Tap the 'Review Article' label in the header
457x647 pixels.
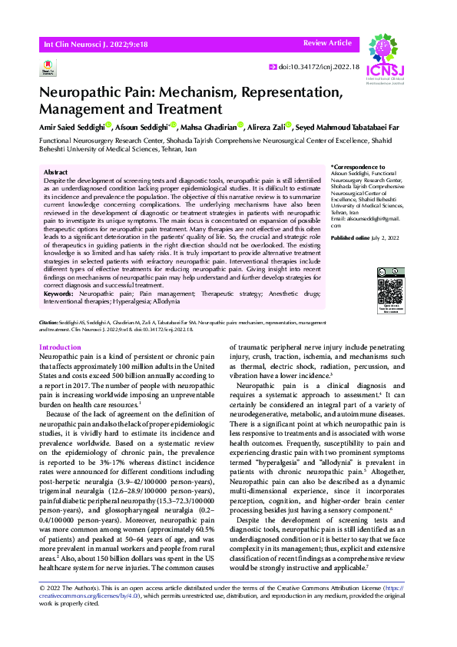coord(327,44)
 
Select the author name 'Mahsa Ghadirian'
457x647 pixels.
coord(210,128)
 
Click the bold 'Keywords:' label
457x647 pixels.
coord(59,294)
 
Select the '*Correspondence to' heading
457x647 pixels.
coord(358,167)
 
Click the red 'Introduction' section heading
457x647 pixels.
coord(60,347)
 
